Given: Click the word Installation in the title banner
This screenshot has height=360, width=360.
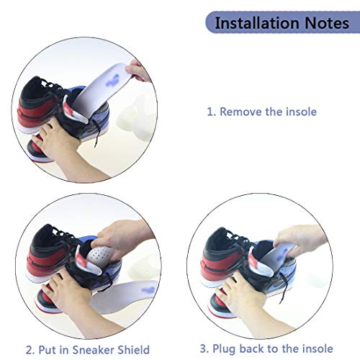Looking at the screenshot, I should [256, 23].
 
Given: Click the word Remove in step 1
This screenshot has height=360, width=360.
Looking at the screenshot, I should [243, 112].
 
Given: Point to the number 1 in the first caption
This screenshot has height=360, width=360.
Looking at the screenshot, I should [210, 112].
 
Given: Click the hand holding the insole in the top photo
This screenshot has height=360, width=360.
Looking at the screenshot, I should [139, 69].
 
